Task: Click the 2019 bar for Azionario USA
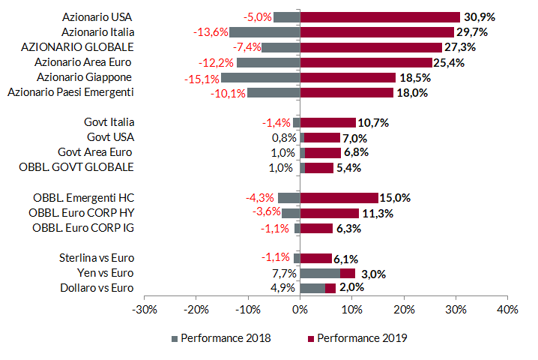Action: (x=380, y=16)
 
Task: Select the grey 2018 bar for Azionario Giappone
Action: (x=260, y=77)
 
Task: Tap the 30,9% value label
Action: (x=480, y=16)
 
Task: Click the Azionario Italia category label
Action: (x=97, y=31)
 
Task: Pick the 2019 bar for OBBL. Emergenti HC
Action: (x=339, y=198)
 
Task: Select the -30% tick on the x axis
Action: (x=144, y=308)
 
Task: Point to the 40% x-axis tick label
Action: (x=507, y=308)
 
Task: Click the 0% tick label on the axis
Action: (x=300, y=308)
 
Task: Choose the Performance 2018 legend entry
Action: (x=222, y=338)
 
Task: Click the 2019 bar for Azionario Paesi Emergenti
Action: (x=346, y=92)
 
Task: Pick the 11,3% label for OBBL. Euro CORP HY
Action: (x=377, y=213)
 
